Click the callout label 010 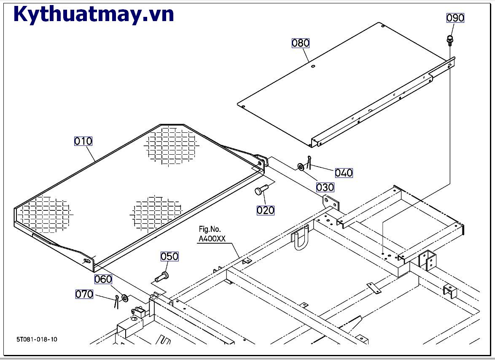(83, 141)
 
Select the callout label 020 (266, 210)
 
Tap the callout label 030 (325, 187)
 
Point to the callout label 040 (344, 172)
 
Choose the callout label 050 (169, 256)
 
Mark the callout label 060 (103, 279)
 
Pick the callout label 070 (84, 294)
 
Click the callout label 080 (301, 43)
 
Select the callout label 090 (455, 18)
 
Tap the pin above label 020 (259, 191)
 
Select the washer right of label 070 (125, 299)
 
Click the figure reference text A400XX (212, 239)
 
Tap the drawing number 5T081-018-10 (37, 339)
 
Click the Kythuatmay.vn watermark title (94, 14)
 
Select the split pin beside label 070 (116, 301)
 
